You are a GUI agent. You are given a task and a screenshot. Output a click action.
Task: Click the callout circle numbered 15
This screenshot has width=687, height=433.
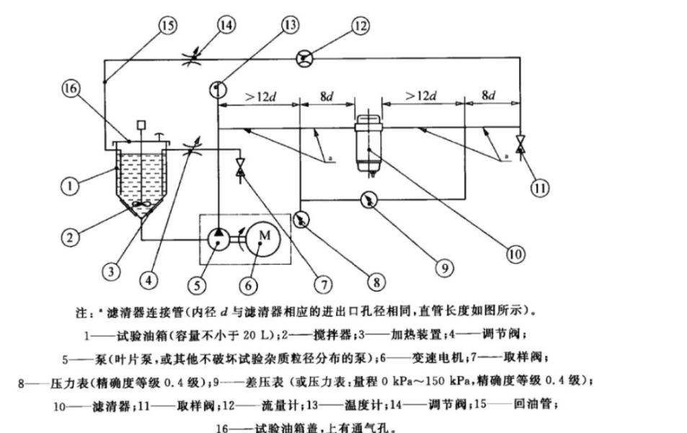click(x=167, y=26)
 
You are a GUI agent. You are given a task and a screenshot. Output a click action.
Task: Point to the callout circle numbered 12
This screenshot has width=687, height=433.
click(x=360, y=26)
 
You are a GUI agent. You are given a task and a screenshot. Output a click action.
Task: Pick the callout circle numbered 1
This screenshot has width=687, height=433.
click(x=69, y=186)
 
